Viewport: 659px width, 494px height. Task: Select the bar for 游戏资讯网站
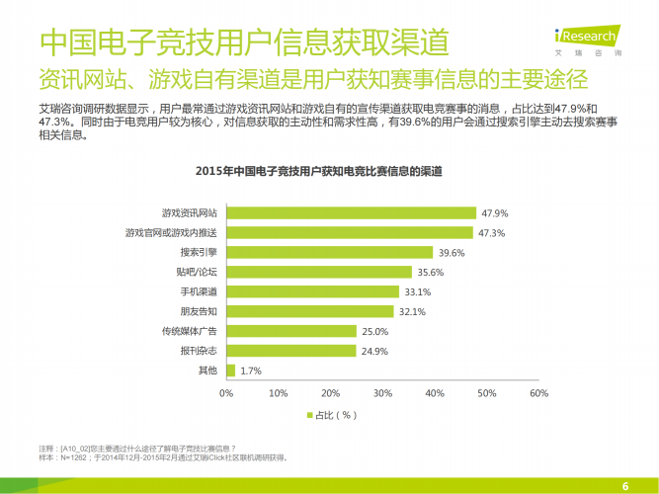pos(351,213)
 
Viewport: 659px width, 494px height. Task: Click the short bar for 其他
pos(231,370)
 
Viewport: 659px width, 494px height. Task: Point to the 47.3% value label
pos(492,233)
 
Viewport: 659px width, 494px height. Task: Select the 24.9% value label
pos(374,351)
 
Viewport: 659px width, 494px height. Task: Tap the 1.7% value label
pos(251,370)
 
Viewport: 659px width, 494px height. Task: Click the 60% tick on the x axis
pos(538,393)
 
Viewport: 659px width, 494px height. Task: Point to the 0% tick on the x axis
pos(226,393)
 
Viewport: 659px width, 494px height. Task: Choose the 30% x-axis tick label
pos(382,393)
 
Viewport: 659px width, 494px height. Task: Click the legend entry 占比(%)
pos(331,415)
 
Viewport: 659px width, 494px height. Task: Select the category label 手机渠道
pos(198,292)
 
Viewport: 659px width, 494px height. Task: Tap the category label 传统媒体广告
pos(191,331)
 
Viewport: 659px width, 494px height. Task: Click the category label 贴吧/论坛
pos(197,273)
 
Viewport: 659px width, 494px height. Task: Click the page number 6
pos(624,484)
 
